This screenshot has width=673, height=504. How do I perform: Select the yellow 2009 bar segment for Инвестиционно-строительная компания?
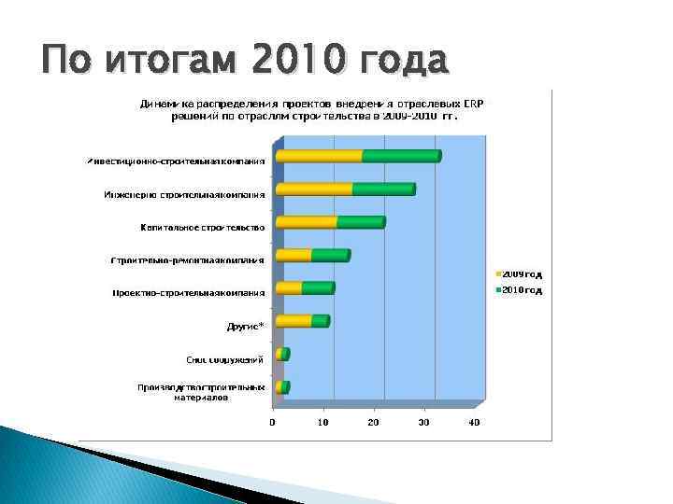point(319,156)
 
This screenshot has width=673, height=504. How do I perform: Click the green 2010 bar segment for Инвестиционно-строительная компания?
point(400,156)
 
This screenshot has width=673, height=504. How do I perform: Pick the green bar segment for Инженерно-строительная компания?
point(382,189)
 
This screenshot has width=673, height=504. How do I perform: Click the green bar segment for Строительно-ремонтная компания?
point(329,255)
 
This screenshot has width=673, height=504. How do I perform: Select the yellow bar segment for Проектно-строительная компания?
point(289,287)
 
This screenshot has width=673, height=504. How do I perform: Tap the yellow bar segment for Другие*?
point(294,321)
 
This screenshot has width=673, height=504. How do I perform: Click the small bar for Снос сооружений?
point(282,354)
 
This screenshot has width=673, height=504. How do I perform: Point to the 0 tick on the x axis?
point(273,423)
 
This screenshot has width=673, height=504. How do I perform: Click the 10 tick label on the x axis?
point(323,423)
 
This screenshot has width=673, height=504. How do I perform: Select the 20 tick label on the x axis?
point(374,423)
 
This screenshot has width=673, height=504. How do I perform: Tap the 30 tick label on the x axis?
point(423,423)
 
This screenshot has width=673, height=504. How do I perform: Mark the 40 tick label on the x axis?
point(474,423)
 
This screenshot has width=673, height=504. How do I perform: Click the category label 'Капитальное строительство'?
point(202,227)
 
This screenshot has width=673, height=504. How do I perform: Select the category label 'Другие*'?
point(246,326)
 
